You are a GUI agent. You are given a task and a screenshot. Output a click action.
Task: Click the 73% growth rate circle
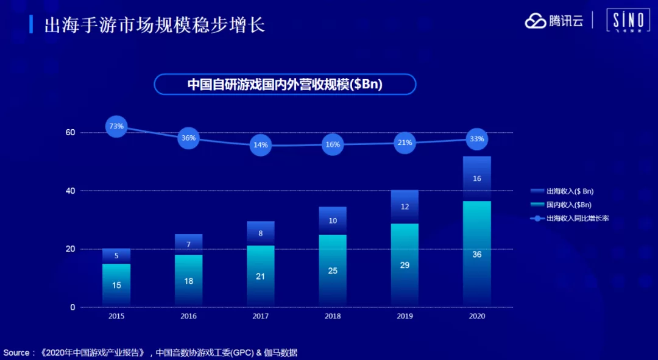pyautogui.click(x=116, y=126)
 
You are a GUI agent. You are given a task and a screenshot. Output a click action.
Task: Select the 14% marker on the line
pyautogui.click(x=261, y=145)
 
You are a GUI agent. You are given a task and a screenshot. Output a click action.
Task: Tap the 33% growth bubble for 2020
pyautogui.click(x=476, y=139)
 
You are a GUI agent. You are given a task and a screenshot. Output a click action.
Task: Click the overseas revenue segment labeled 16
pyautogui.click(x=476, y=178)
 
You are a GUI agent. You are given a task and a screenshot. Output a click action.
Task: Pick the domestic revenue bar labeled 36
pyautogui.click(x=476, y=254)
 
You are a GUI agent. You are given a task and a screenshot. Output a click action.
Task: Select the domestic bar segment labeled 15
pyautogui.click(x=116, y=285)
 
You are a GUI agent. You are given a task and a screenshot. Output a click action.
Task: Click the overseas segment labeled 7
pyautogui.click(x=188, y=245)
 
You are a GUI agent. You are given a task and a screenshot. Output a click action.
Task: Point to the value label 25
pyautogui.click(x=333, y=271)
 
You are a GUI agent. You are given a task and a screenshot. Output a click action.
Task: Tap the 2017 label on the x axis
pyautogui.click(x=261, y=316)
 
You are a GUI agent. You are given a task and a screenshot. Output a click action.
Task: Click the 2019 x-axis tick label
pyautogui.click(x=405, y=316)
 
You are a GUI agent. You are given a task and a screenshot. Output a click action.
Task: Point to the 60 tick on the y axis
pyautogui.click(x=70, y=133)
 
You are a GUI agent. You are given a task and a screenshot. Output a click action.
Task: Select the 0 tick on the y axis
pyautogui.click(x=73, y=308)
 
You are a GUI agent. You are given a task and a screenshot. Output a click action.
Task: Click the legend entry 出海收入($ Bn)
pyautogui.click(x=562, y=191)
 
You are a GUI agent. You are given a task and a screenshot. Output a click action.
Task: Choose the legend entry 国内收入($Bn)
pyautogui.click(x=561, y=205)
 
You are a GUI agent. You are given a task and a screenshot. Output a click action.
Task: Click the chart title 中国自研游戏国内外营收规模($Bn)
pyautogui.click(x=285, y=84)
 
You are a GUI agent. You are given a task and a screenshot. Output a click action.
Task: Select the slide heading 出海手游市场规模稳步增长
pyautogui.click(x=155, y=25)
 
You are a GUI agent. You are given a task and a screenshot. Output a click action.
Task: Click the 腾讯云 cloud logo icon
pyautogui.click(x=535, y=21)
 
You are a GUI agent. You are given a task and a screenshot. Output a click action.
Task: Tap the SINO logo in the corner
pyautogui.click(x=628, y=21)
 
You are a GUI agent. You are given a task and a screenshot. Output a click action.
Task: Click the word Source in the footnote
pyautogui.click(x=16, y=353)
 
